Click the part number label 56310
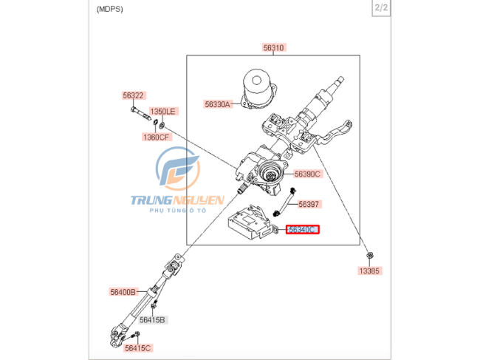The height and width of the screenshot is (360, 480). [273, 47]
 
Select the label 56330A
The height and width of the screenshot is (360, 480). [218, 104]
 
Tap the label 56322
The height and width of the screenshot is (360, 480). [134, 95]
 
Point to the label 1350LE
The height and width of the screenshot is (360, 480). [163, 112]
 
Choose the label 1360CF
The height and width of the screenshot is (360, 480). [156, 137]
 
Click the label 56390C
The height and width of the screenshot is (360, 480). [307, 174]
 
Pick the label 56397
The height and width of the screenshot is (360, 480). [309, 203]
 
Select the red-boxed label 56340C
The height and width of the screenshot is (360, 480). [303, 230]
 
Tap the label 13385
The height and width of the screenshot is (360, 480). [369, 271]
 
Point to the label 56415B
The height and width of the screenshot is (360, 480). [152, 320]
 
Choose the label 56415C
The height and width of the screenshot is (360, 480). [137, 348]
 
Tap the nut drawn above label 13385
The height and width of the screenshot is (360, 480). [368, 257]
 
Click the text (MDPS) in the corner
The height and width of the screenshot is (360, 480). [109, 9]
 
